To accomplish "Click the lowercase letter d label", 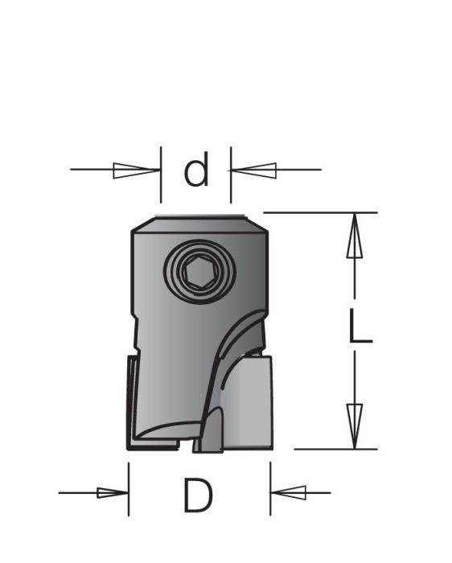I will pos(196,171).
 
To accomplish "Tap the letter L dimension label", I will pos(360,328).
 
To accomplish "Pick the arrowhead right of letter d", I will pos(254,170).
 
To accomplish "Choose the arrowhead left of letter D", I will pos(112,492).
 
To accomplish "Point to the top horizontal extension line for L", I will pos(322,213).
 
